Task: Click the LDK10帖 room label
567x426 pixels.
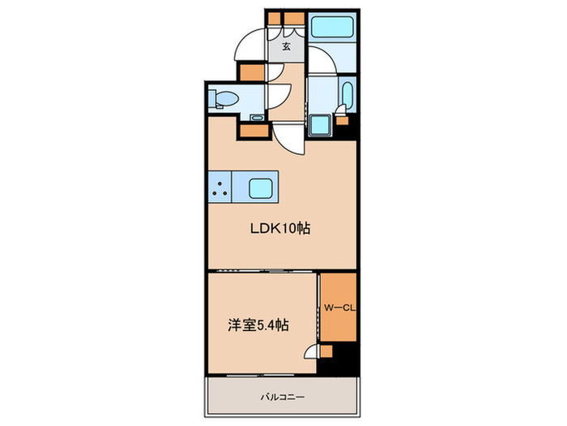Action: (x=279, y=229)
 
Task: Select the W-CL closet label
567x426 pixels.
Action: (x=337, y=308)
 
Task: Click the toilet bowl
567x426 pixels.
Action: (x=226, y=101)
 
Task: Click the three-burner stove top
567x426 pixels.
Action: (x=220, y=187)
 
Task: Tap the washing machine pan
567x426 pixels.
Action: (x=322, y=127)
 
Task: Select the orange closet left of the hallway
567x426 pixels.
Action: (x=251, y=70)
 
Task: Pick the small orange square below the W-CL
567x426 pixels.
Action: (x=326, y=350)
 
